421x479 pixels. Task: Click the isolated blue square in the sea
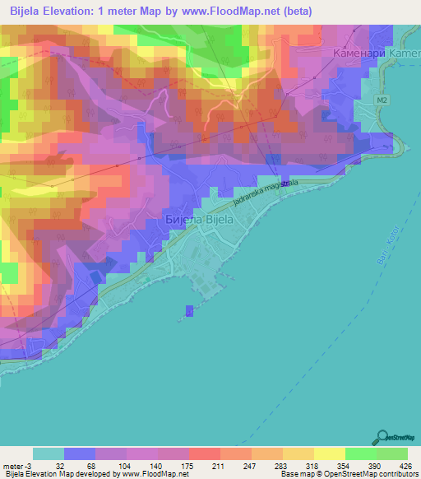pos(190,310)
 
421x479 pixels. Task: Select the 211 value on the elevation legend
pos(218,465)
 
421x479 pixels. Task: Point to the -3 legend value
pos(30,465)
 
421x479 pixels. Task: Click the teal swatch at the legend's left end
pos(49,453)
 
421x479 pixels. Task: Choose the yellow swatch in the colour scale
pos(329,453)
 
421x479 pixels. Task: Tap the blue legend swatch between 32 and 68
pos(80,453)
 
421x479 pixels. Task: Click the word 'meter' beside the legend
pos(13,465)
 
